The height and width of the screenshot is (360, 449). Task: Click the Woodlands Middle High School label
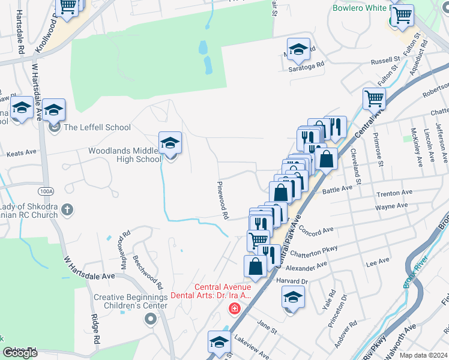pos(125,155)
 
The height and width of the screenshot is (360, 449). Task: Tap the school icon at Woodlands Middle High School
pos(170,143)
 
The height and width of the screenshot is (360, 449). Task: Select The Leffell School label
pos(97,127)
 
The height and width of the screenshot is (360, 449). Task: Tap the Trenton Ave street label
pos(394,193)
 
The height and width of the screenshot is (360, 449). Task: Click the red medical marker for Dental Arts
pos(234,308)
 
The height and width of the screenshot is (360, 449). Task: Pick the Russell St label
pos(385,61)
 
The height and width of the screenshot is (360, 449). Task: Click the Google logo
pos(20,353)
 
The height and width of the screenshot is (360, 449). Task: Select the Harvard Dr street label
pos(292,281)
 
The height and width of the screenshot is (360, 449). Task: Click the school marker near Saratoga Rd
pos(298,50)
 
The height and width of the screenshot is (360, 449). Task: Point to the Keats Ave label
pos(22,154)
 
